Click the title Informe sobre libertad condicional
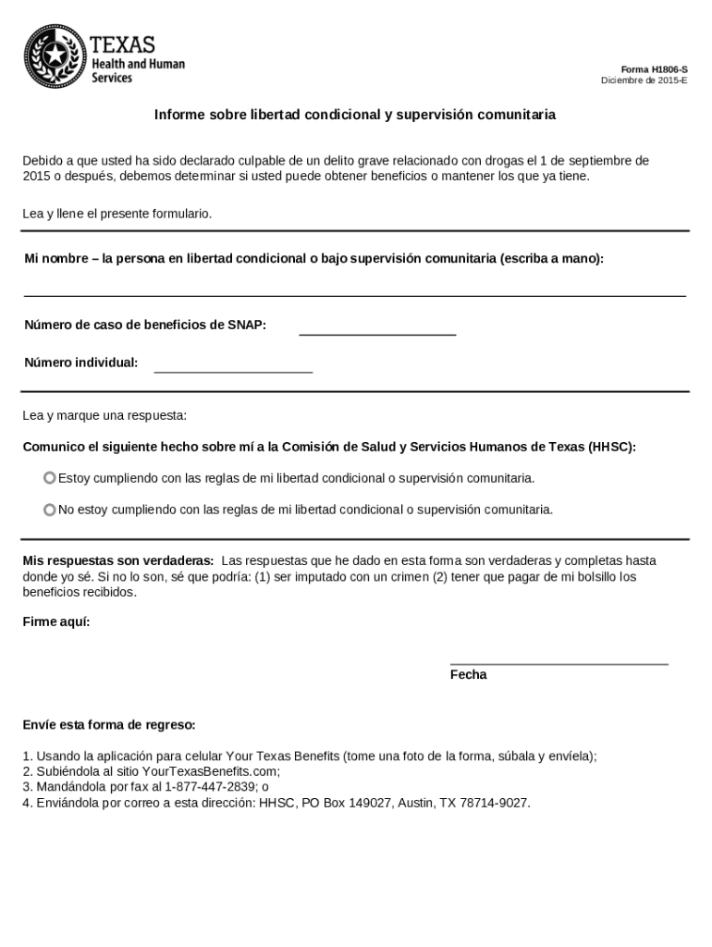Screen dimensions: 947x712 click(355, 116)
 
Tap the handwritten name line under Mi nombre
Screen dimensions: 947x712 click(354, 290)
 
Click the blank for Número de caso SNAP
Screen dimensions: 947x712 click(377, 329)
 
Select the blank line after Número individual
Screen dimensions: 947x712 click(233, 367)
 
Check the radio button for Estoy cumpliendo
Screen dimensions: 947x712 click(50, 478)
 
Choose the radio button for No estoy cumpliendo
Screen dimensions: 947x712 click(50, 510)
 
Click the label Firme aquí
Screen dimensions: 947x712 click(56, 621)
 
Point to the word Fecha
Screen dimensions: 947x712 click(468, 675)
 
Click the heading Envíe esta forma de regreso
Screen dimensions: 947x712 click(109, 724)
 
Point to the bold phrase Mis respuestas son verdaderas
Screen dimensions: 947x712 click(118, 560)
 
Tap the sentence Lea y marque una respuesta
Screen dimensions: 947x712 click(104, 415)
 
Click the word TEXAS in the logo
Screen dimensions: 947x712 click(123, 44)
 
